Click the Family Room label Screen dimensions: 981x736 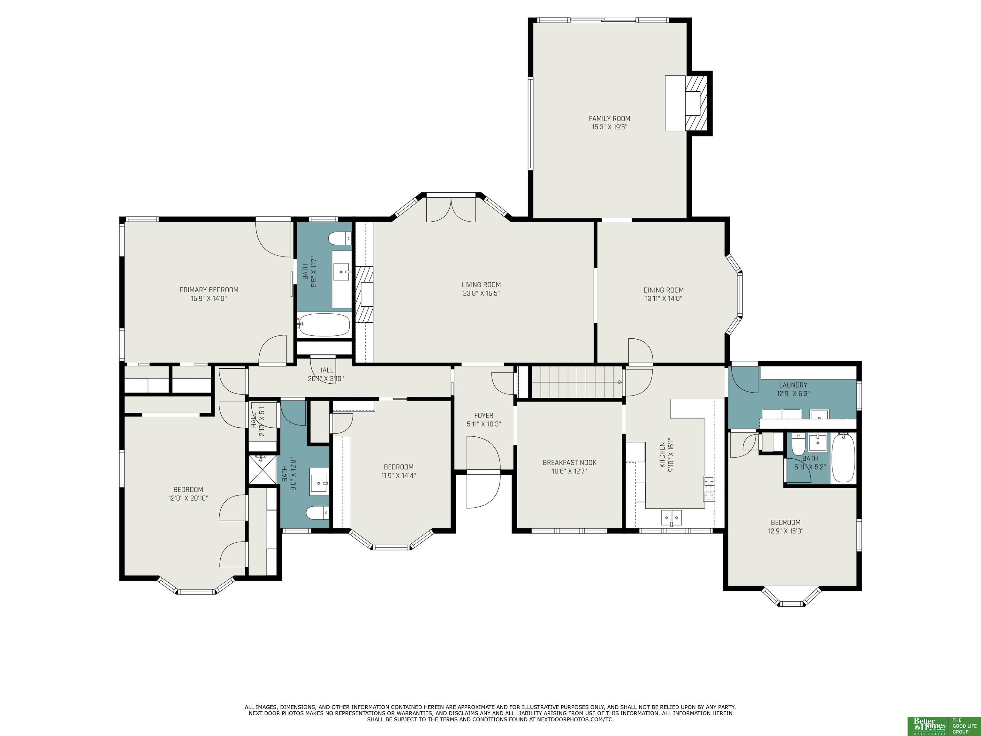[609, 119]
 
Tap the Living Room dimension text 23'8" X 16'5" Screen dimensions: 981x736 [481, 293]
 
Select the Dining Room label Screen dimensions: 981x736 [664, 290]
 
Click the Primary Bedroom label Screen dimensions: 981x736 [209, 290]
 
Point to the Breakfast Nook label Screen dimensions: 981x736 [569, 462]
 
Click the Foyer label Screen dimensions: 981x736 [483, 415]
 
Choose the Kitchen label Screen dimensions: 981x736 [662, 455]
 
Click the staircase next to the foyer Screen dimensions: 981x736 [576, 382]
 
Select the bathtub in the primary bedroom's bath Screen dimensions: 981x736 [323, 325]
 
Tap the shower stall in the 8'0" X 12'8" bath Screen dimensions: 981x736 [262, 469]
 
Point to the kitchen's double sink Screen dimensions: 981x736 [672, 517]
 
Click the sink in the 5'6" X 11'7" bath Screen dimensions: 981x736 [341, 269]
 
